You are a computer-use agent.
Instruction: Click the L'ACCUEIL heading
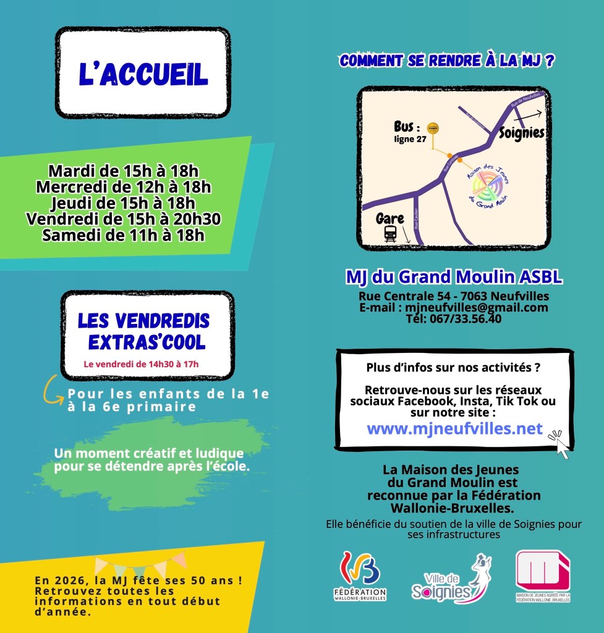click(143, 74)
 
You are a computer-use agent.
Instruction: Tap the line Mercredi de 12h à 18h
click(124, 186)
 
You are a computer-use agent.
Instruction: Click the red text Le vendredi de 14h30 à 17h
click(142, 364)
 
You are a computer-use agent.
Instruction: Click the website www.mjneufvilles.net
click(454, 428)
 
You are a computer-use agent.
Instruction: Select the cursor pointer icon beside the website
click(560, 444)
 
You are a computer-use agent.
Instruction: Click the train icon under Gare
click(390, 233)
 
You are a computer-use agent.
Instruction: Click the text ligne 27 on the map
click(410, 139)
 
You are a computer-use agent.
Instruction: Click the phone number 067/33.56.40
click(453, 319)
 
